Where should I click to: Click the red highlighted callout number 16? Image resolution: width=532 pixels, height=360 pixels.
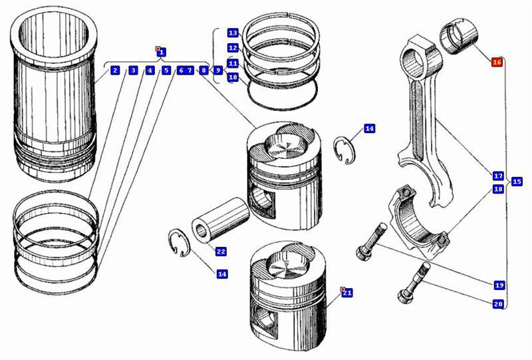click(x=496, y=62)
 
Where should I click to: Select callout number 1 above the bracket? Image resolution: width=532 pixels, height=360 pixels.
click(x=162, y=52)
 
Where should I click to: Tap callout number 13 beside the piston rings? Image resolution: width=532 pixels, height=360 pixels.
click(x=233, y=33)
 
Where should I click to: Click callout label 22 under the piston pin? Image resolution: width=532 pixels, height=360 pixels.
click(x=221, y=251)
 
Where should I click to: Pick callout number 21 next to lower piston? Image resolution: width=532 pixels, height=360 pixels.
click(x=347, y=293)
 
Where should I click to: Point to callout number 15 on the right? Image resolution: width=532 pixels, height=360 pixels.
click(x=517, y=182)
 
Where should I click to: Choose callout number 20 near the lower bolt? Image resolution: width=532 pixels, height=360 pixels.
click(x=498, y=304)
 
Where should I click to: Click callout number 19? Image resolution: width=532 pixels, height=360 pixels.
click(x=499, y=285)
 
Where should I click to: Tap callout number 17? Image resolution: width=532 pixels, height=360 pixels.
click(x=498, y=176)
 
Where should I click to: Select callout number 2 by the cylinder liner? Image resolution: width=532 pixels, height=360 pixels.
click(x=115, y=71)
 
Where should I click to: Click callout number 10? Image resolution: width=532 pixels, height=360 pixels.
click(x=233, y=77)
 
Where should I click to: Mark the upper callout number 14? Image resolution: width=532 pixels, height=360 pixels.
click(x=370, y=128)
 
